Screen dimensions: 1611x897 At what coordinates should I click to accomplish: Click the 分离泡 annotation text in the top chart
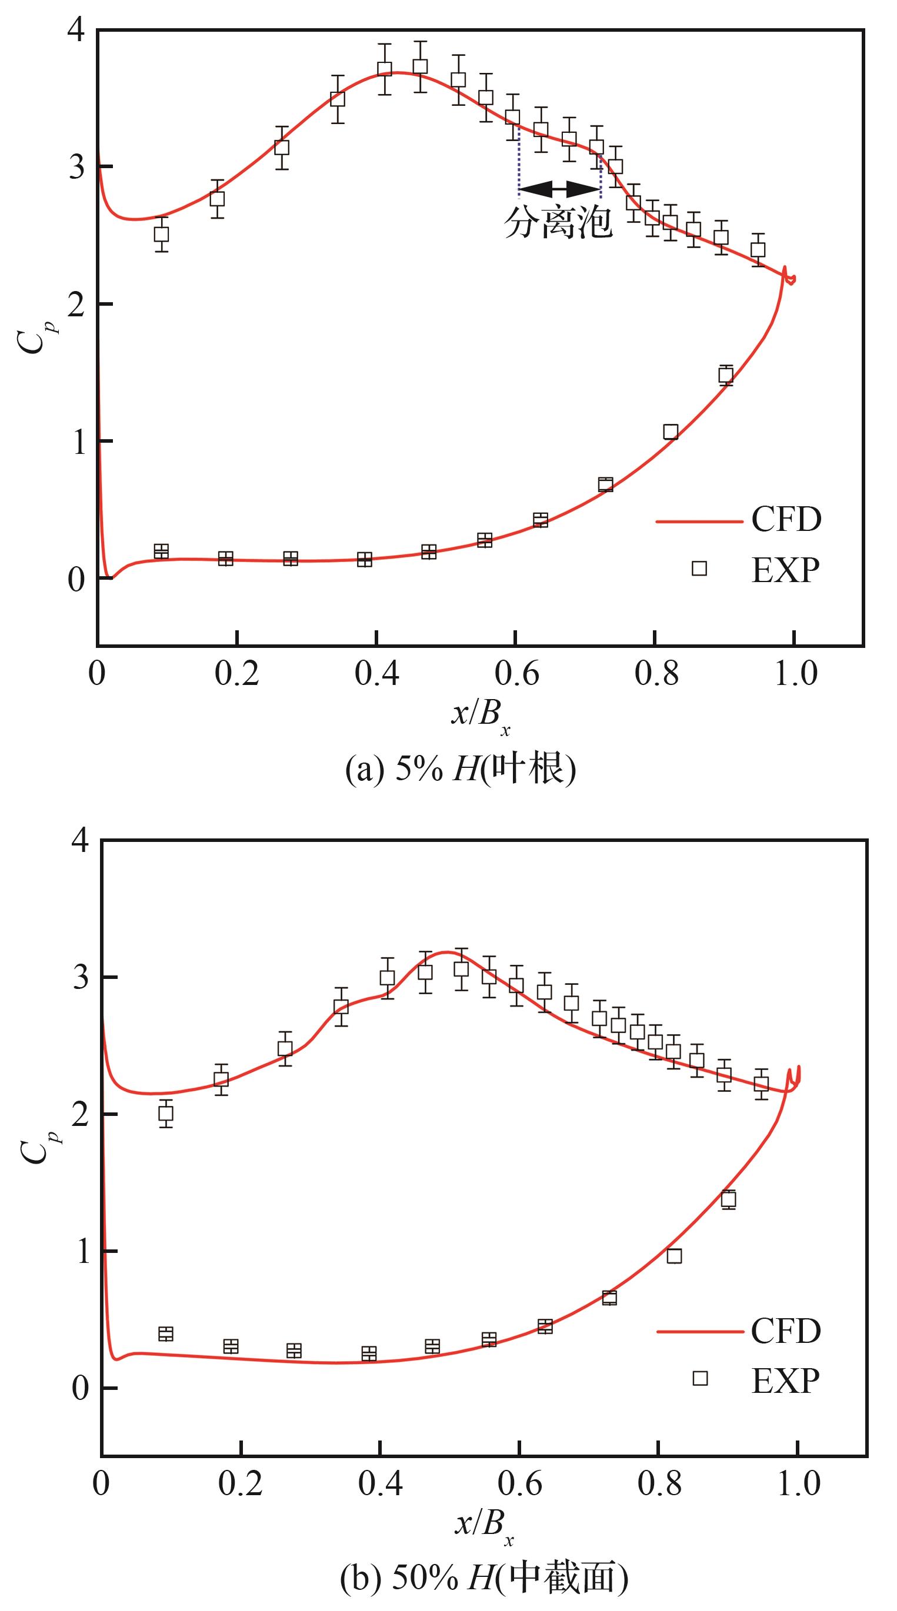point(558,222)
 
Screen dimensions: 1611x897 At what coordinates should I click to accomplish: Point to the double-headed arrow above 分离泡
point(559,188)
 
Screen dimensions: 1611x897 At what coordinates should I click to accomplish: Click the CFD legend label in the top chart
point(786,519)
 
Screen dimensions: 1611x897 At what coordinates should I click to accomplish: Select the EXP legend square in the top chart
point(699,568)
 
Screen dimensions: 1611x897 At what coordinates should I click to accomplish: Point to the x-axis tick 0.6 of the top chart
point(516,674)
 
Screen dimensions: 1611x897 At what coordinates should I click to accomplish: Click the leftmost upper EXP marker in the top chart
point(161,235)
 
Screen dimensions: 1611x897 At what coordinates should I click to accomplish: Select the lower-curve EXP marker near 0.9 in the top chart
point(726,375)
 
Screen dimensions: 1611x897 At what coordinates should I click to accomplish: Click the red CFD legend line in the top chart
point(699,520)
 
